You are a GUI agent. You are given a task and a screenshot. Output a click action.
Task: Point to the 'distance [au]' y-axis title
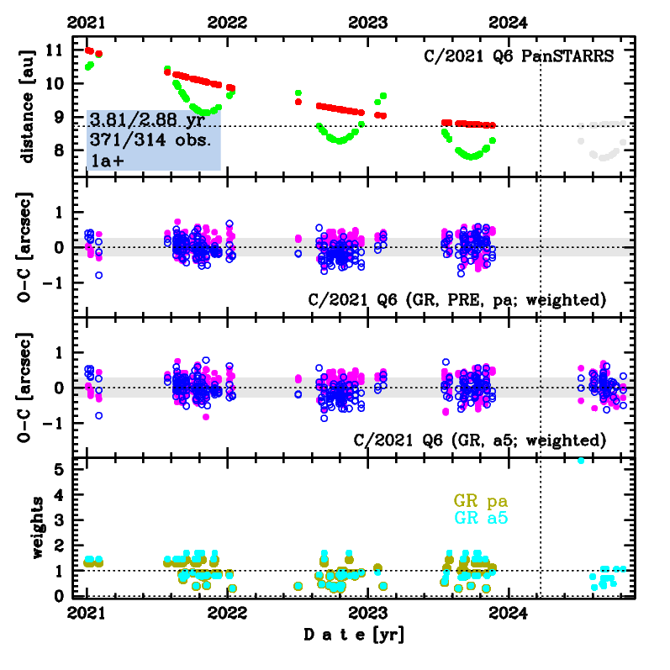pos(27,108)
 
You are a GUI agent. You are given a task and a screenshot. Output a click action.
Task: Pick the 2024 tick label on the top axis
pos(509,23)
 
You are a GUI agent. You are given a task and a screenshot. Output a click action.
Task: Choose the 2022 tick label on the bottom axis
pos(227,614)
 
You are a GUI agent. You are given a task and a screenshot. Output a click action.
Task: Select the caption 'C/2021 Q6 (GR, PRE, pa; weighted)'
pos(458,300)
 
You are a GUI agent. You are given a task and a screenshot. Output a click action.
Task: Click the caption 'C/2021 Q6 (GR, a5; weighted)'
pos(480,440)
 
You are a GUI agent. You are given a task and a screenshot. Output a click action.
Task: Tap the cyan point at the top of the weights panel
pos(580,460)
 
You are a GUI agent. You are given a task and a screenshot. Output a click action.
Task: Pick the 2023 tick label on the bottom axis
pos(367,614)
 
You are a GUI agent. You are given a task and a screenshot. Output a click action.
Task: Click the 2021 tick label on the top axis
pos(87,23)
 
